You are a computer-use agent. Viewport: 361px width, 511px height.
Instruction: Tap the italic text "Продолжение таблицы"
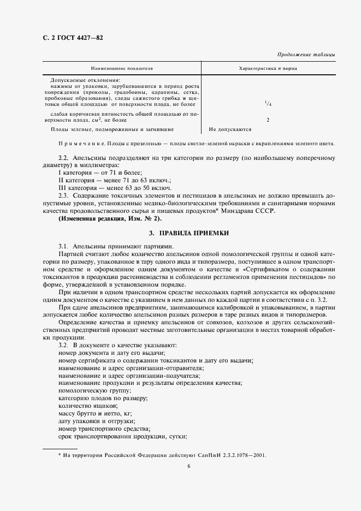point(306,55)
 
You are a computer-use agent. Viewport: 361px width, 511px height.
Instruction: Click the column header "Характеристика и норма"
point(268,68)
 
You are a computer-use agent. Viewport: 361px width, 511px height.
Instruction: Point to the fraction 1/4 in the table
point(267,103)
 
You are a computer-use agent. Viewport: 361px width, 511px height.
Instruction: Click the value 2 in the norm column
point(268,120)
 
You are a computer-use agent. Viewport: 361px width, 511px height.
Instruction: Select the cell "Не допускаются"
point(230,130)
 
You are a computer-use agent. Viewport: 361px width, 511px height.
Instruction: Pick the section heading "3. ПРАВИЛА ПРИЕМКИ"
point(189,233)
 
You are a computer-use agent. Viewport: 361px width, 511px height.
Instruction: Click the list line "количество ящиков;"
point(87,406)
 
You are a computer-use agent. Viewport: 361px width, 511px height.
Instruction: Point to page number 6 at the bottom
point(188,466)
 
